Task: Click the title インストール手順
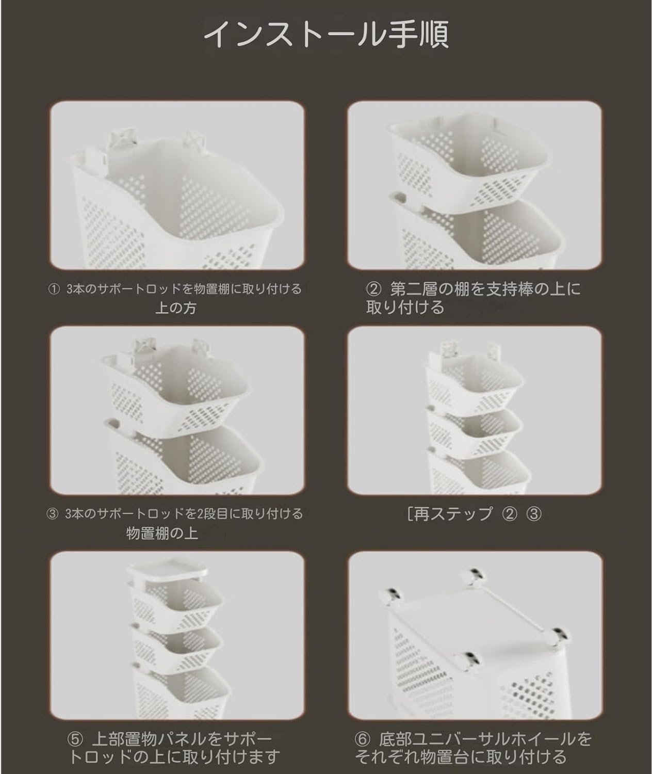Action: (x=326, y=34)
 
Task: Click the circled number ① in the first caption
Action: (x=55, y=289)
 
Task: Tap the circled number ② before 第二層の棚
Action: (x=374, y=289)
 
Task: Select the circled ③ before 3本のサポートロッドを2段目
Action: (x=52, y=514)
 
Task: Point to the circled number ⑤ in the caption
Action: (x=76, y=739)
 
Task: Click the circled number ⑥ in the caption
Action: (x=363, y=739)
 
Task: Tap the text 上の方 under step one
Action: (x=176, y=308)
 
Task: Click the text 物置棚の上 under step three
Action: (x=162, y=534)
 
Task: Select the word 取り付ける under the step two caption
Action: (x=405, y=308)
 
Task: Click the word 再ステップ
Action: (x=453, y=514)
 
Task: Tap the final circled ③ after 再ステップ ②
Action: (x=534, y=514)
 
